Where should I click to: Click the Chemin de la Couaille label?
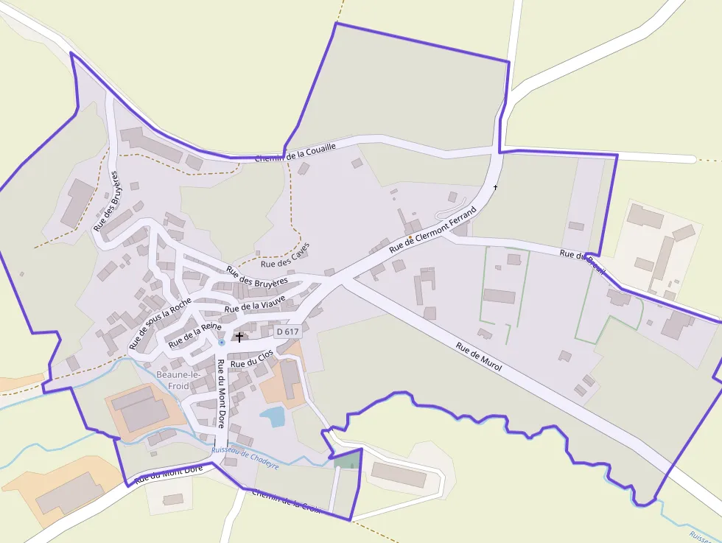295,153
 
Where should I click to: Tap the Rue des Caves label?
285,256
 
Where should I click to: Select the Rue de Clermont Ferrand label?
432,229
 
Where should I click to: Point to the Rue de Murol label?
479,357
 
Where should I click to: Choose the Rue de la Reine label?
194,334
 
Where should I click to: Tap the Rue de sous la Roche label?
159,323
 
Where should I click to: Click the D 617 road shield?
288,332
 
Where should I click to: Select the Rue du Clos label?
251,359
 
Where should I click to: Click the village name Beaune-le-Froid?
173,380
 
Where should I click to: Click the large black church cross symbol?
239,337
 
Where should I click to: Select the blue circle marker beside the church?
222,343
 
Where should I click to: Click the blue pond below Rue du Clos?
273,417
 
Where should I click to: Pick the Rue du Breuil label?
582,262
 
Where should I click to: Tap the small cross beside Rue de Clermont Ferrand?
495,187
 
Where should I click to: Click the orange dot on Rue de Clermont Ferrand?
410,237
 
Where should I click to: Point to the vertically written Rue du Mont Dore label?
220,393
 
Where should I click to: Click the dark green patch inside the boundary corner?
348,460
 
